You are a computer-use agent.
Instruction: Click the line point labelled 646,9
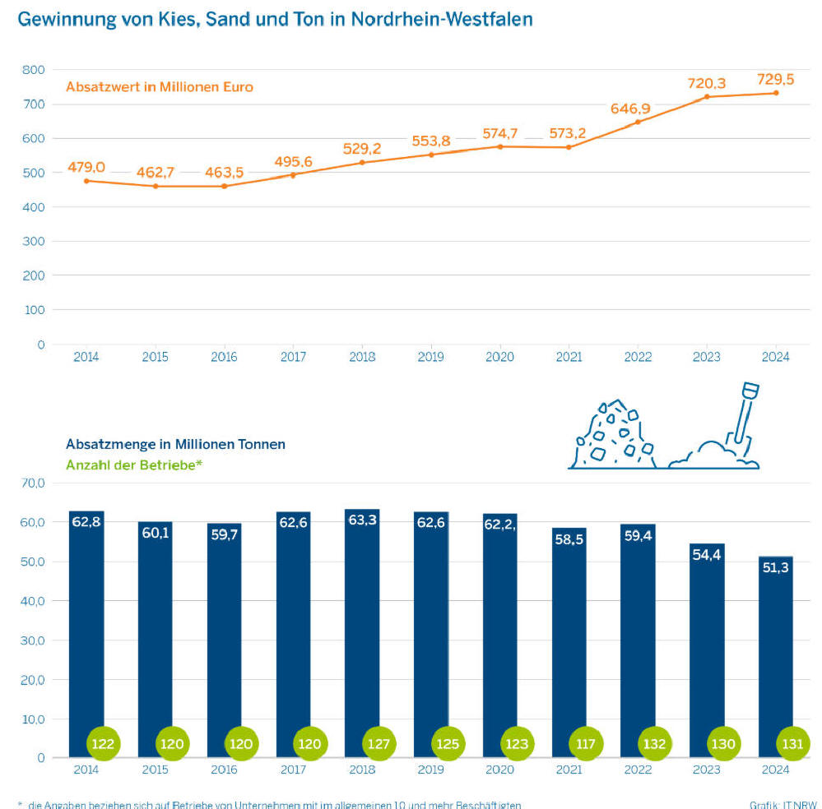point(638,123)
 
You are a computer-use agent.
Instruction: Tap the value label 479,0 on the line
point(86,167)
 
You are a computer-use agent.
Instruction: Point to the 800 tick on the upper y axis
point(34,70)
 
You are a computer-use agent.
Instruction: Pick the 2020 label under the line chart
point(499,357)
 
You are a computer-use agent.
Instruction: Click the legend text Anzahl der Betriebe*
point(133,465)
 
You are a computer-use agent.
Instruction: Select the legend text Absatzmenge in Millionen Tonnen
point(175,444)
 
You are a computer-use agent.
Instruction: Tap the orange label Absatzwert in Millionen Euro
point(159,86)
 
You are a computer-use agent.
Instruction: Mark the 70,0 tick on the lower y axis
point(34,483)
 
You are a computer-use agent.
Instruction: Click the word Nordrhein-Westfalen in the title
point(442,19)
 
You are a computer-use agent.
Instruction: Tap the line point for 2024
point(775,93)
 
